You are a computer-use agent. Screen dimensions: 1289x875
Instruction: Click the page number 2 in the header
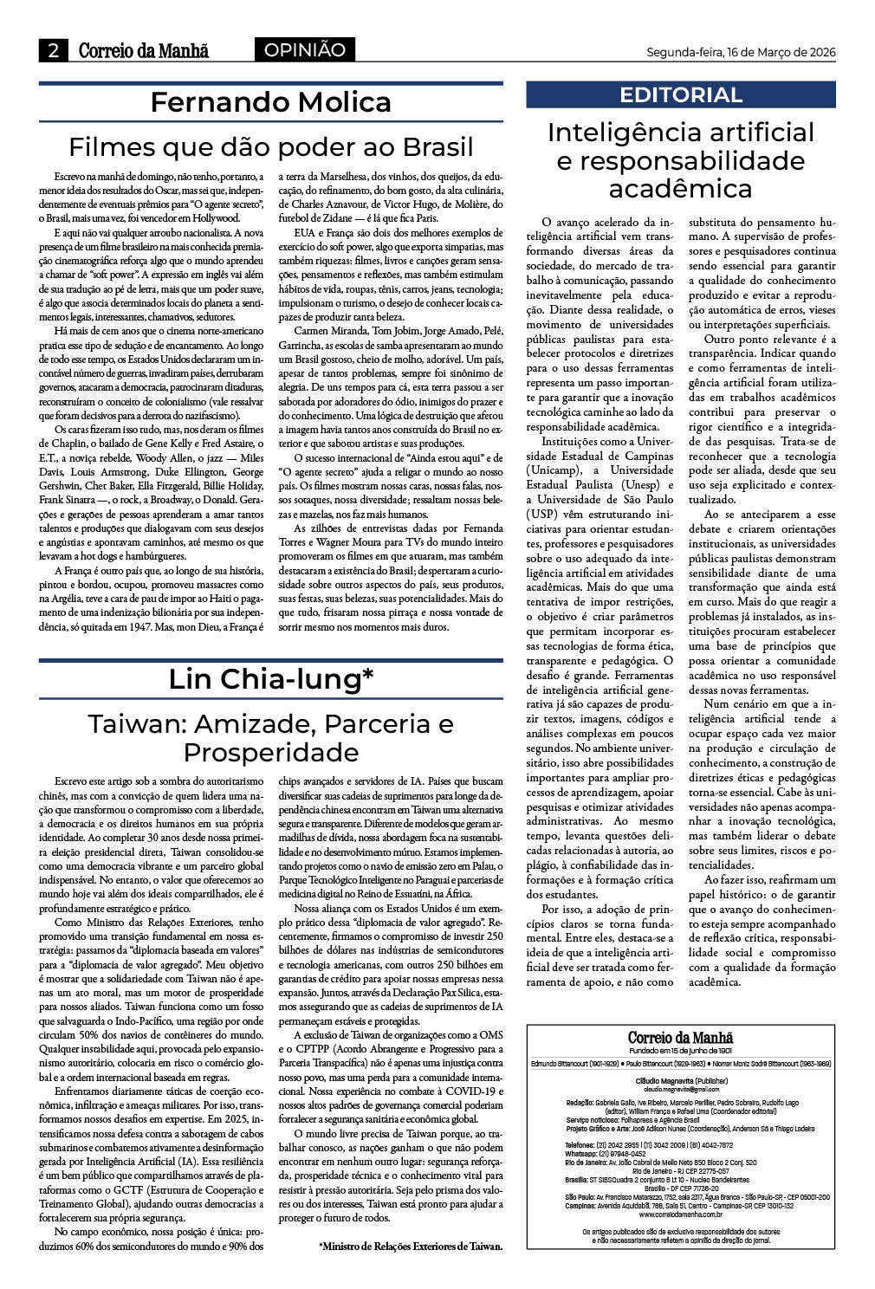(x=54, y=51)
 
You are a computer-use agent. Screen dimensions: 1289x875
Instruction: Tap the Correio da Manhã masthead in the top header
(x=144, y=51)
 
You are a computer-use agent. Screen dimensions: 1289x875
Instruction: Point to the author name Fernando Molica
(x=270, y=102)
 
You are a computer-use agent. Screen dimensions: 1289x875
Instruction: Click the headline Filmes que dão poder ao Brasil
(x=270, y=146)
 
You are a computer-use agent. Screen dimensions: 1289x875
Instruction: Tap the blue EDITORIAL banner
(x=681, y=95)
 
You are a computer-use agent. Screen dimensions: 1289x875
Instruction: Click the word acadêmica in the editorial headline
(x=680, y=189)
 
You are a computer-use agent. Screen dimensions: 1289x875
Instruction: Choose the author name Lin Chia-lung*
(x=270, y=679)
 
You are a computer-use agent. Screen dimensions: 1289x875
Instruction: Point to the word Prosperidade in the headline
(x=270, y=751)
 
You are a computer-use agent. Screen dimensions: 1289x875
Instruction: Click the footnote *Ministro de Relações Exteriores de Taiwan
(x=411, y=1247)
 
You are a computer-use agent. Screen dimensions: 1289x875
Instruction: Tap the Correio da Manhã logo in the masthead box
(x=680, y=1037)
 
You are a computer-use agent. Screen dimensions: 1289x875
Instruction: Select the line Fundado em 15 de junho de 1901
(x=680, y=1049)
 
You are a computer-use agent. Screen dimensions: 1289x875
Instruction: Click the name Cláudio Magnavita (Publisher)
(x=681, y=1082)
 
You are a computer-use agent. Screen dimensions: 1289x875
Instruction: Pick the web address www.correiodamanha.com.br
(x=680, y=1215)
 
